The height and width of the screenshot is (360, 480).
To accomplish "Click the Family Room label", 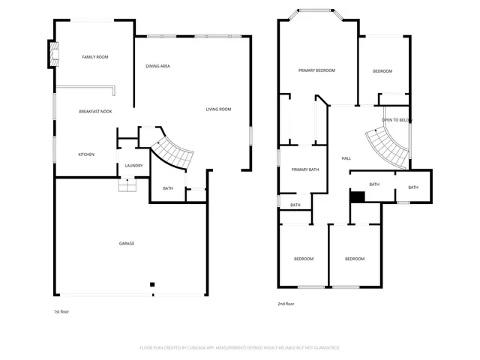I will (x=95, y=57).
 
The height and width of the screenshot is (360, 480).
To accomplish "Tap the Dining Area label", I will (x=157, y=66).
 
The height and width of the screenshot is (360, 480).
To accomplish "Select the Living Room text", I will (x=218, y=109).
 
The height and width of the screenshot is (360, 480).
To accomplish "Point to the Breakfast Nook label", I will (x=95, y=112).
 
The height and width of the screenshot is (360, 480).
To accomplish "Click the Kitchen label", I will (x=86, y=154).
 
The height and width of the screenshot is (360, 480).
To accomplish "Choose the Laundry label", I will (x=133, y=166).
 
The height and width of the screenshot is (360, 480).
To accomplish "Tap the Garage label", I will (x=127, y=243).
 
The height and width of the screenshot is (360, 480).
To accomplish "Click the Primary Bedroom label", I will (x=316, y=70).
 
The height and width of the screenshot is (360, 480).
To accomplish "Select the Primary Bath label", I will (x=305, y=169).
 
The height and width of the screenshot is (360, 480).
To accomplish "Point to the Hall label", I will (x=346, y=158).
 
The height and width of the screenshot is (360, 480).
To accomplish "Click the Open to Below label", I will (x=396, y=120).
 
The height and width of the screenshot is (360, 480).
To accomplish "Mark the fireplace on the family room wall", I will (x=53, y=54).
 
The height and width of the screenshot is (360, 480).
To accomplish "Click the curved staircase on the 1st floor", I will (x=174, y=152).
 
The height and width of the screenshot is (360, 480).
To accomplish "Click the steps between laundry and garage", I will (x=127, y=184).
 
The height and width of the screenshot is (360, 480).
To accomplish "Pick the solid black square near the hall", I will (x=358, y=196).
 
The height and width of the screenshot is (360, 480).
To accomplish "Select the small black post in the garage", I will (x=152, y=284).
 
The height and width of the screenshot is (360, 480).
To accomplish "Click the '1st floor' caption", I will (x=61, y=311).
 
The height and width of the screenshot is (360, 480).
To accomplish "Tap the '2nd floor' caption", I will (x=286, y=304).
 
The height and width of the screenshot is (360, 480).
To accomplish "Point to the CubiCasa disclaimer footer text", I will (x=240, y=348).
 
